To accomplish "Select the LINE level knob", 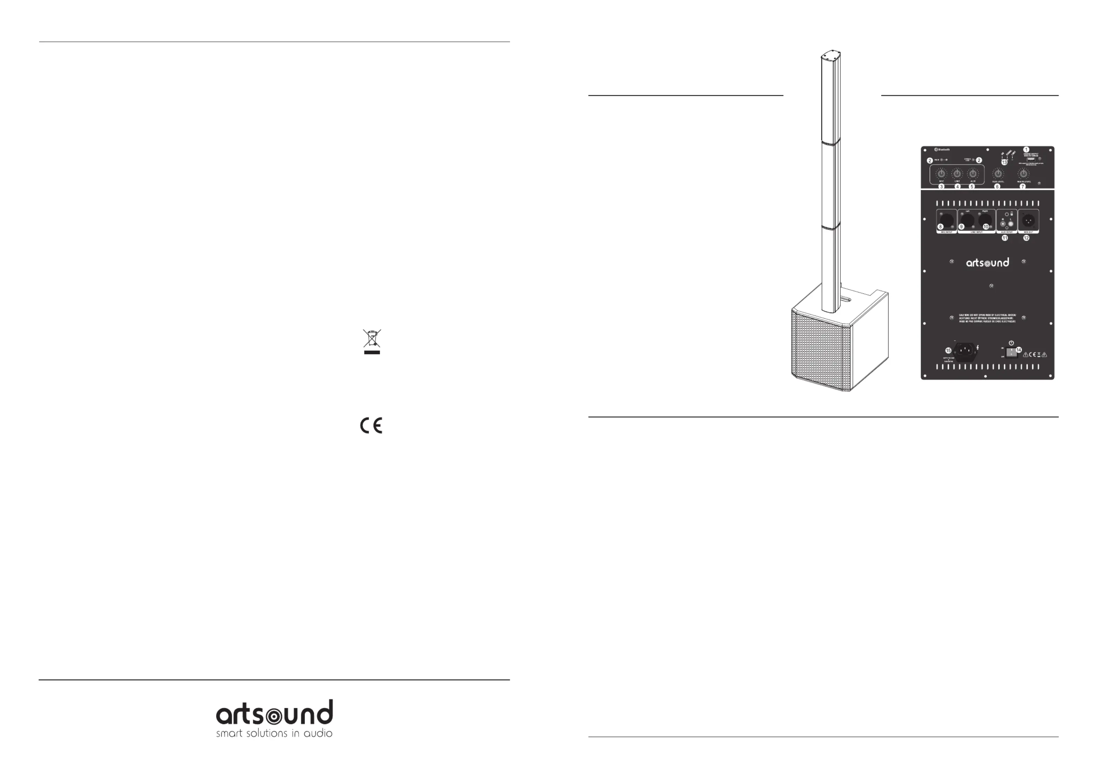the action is point(957,174).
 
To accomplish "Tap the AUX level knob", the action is point(973,174).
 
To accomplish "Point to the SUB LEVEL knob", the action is point(998,174).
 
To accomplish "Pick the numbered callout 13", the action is point(1004,162).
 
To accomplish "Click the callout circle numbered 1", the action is point(1026,150).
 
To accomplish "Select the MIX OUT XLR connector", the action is point(1028,221).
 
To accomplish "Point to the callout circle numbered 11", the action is point(1005,237).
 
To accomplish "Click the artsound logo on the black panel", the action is point(988,262).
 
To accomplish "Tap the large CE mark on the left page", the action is point(371,426).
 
